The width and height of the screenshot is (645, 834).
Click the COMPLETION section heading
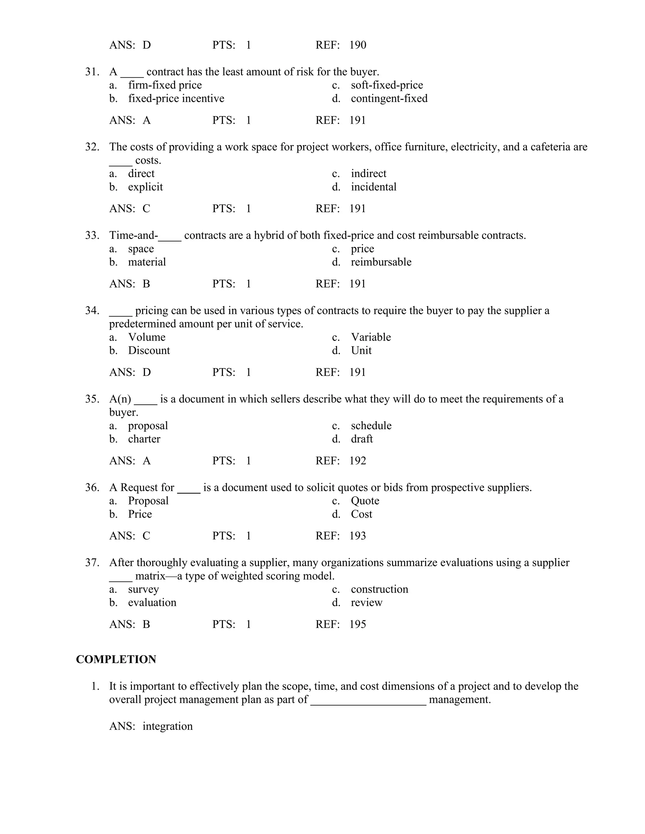tap(116, 659)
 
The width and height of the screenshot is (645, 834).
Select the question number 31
tap(92, 72)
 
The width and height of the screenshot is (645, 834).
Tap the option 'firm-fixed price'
tap(165, 85)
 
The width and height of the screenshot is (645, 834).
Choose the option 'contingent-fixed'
tap(389, 99)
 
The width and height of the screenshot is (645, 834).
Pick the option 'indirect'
tap(368, 174)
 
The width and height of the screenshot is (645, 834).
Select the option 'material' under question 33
tap(147, 262)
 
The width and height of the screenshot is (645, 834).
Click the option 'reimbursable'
tap(381, 262)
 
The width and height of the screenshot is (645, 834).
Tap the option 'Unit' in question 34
tap(361, 351)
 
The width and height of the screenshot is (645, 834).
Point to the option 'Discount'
tap(149, 351)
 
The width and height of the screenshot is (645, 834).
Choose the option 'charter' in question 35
tap(144, 439)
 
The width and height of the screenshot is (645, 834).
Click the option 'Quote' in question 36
tap(365, 501)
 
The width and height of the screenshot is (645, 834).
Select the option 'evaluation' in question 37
tap(152, 603)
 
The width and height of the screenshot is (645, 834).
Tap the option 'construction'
tap(380, 589)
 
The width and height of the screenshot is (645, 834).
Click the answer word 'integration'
tap(167, 726)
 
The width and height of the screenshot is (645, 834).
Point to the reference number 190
tap(358, 45)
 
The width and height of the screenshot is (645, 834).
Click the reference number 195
tap(358, 624)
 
